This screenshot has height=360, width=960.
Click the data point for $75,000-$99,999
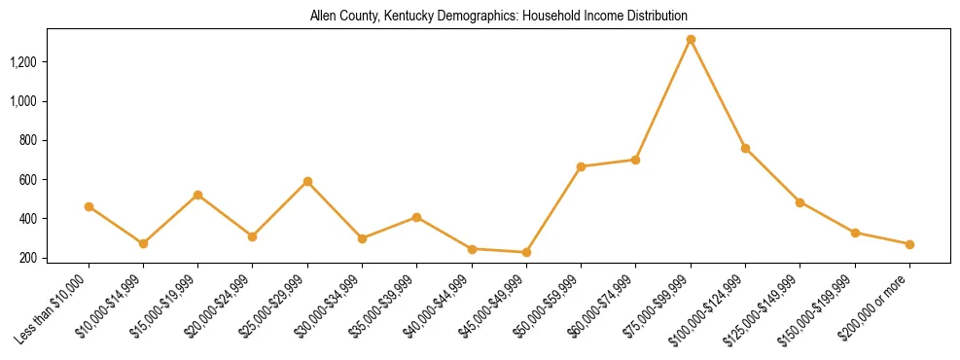point(691,40)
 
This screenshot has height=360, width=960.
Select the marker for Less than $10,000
point(89,206)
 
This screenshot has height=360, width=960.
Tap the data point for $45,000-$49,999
point(526,252)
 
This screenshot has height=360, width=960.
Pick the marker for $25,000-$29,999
point(307,181)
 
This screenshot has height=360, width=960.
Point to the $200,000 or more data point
point(909,244)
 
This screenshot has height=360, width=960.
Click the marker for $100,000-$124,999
point(745,148)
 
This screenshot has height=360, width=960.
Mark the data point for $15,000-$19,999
point(198,195)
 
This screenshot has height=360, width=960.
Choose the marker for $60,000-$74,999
point(635,160)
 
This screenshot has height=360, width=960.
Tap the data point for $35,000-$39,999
point(416,217)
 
